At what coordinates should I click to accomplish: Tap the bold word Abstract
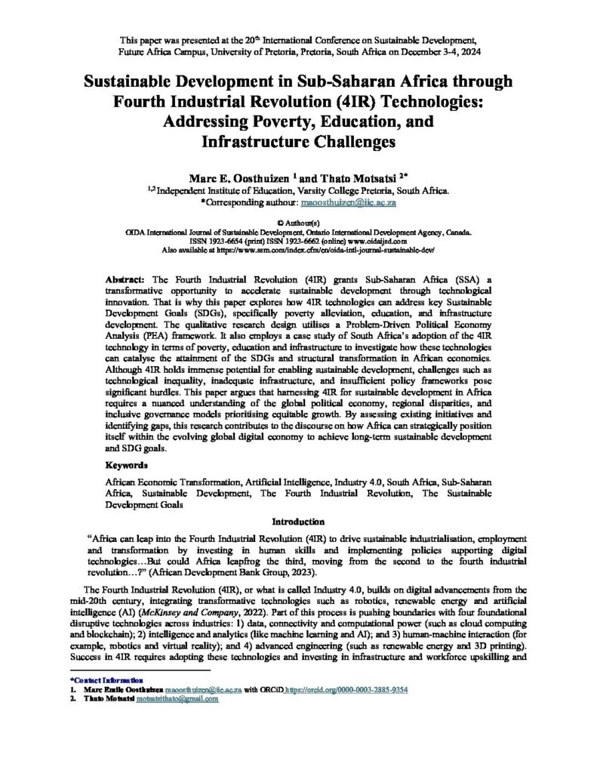(125, 279)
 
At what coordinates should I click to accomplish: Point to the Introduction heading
(298, 522)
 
